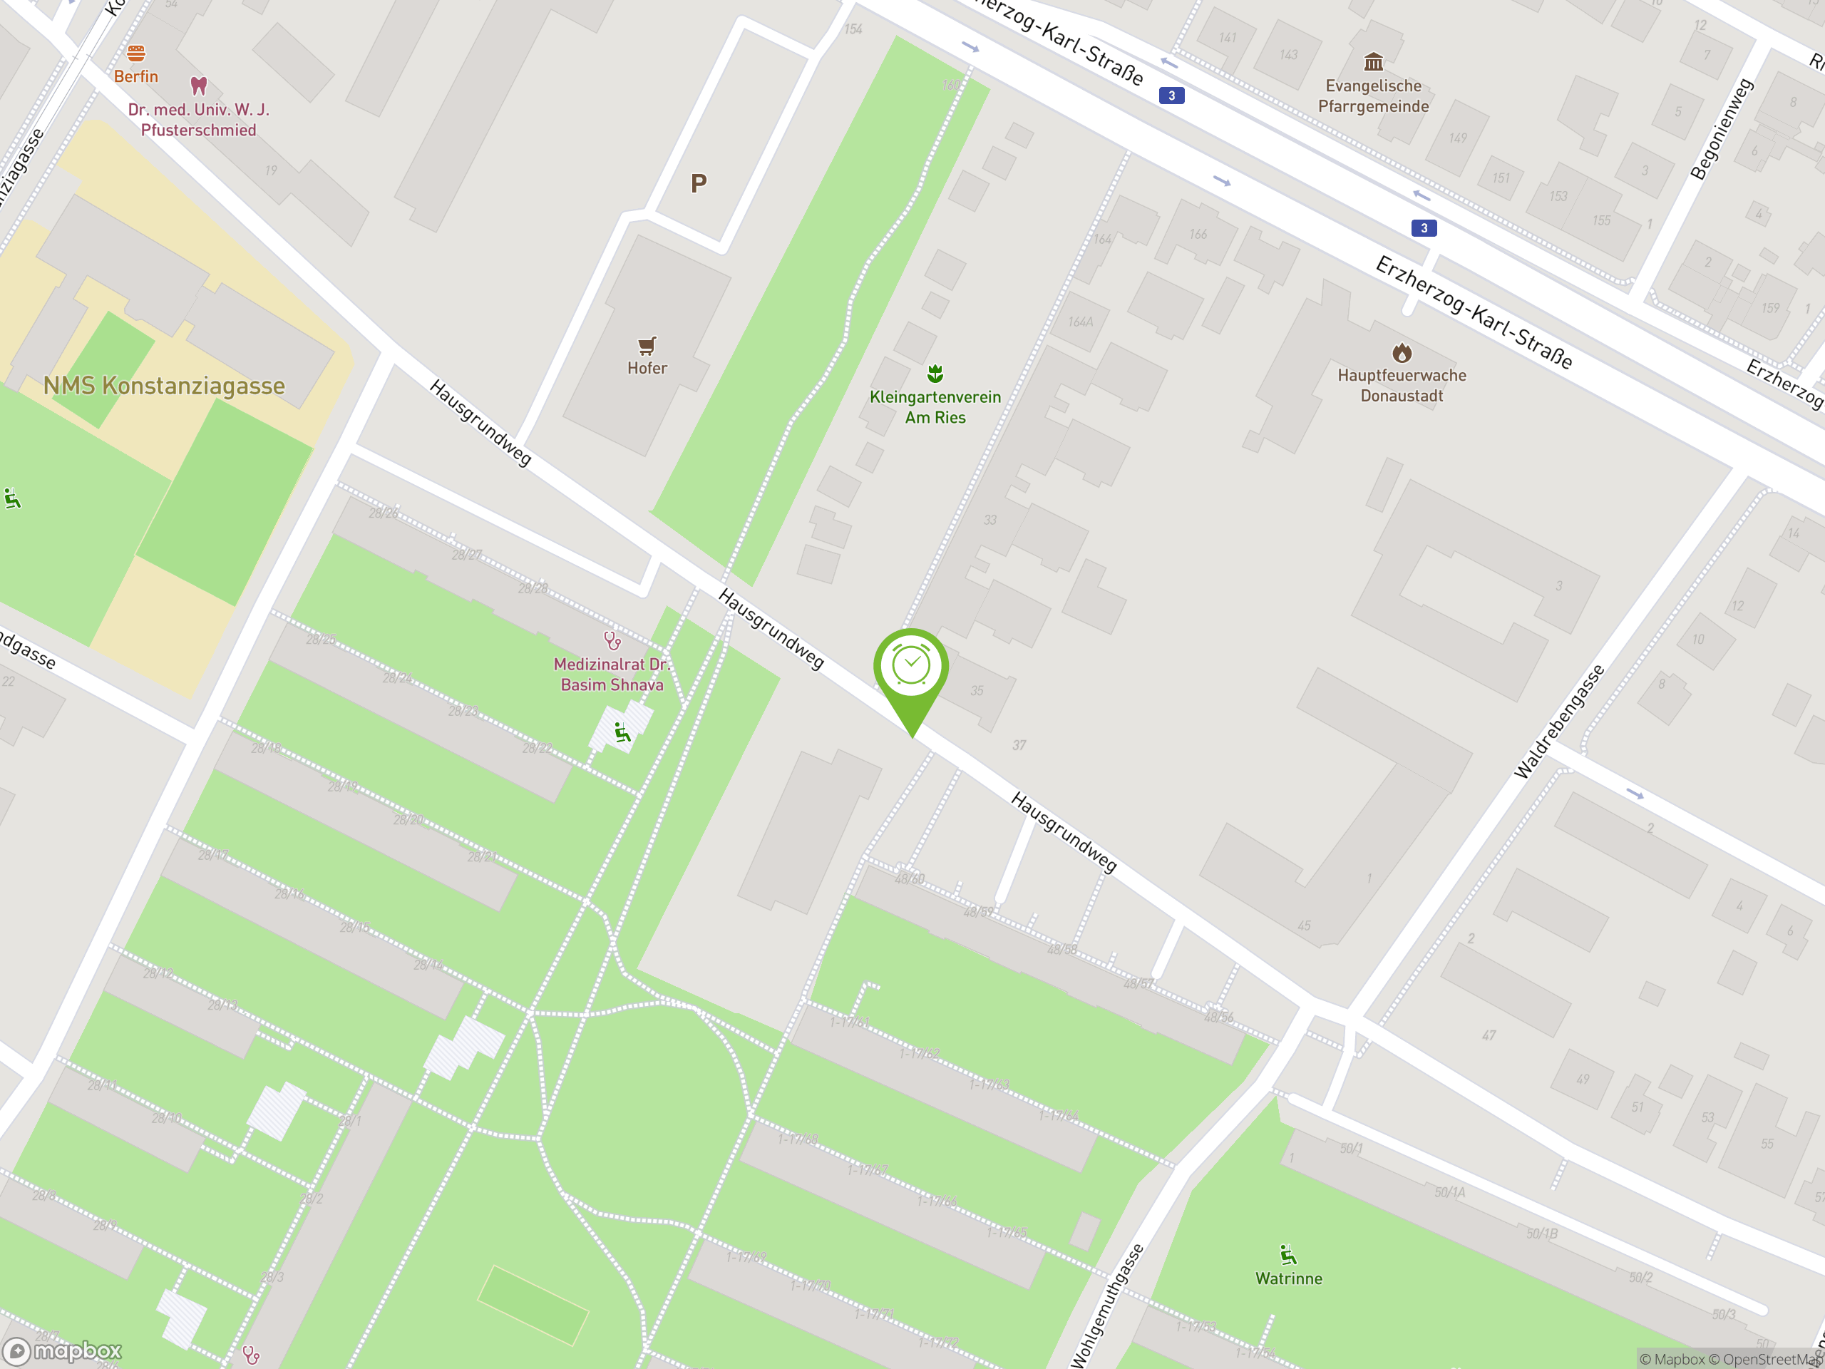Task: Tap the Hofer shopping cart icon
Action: (x=647, y=345)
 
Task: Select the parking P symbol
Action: (x=698, y=183)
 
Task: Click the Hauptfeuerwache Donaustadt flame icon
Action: (x=1402, y=353)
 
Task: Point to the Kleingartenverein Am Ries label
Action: (x=935, y=407)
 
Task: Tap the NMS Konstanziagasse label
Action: (x=163, y=385)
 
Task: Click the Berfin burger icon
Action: (x=136, y=53)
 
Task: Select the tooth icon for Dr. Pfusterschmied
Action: (x=198, y=85)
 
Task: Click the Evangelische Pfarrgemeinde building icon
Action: (x=1373, y=62)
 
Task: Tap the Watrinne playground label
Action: (x=1288, y=1278)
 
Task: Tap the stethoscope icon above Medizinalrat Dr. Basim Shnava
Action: (x=612, y=640)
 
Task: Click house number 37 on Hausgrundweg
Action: (x=1019, y=745)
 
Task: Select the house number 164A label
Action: (x=1080, y=322)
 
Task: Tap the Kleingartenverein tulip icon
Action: (x=935, y=374)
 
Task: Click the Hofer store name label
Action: (x=647, y=368)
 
